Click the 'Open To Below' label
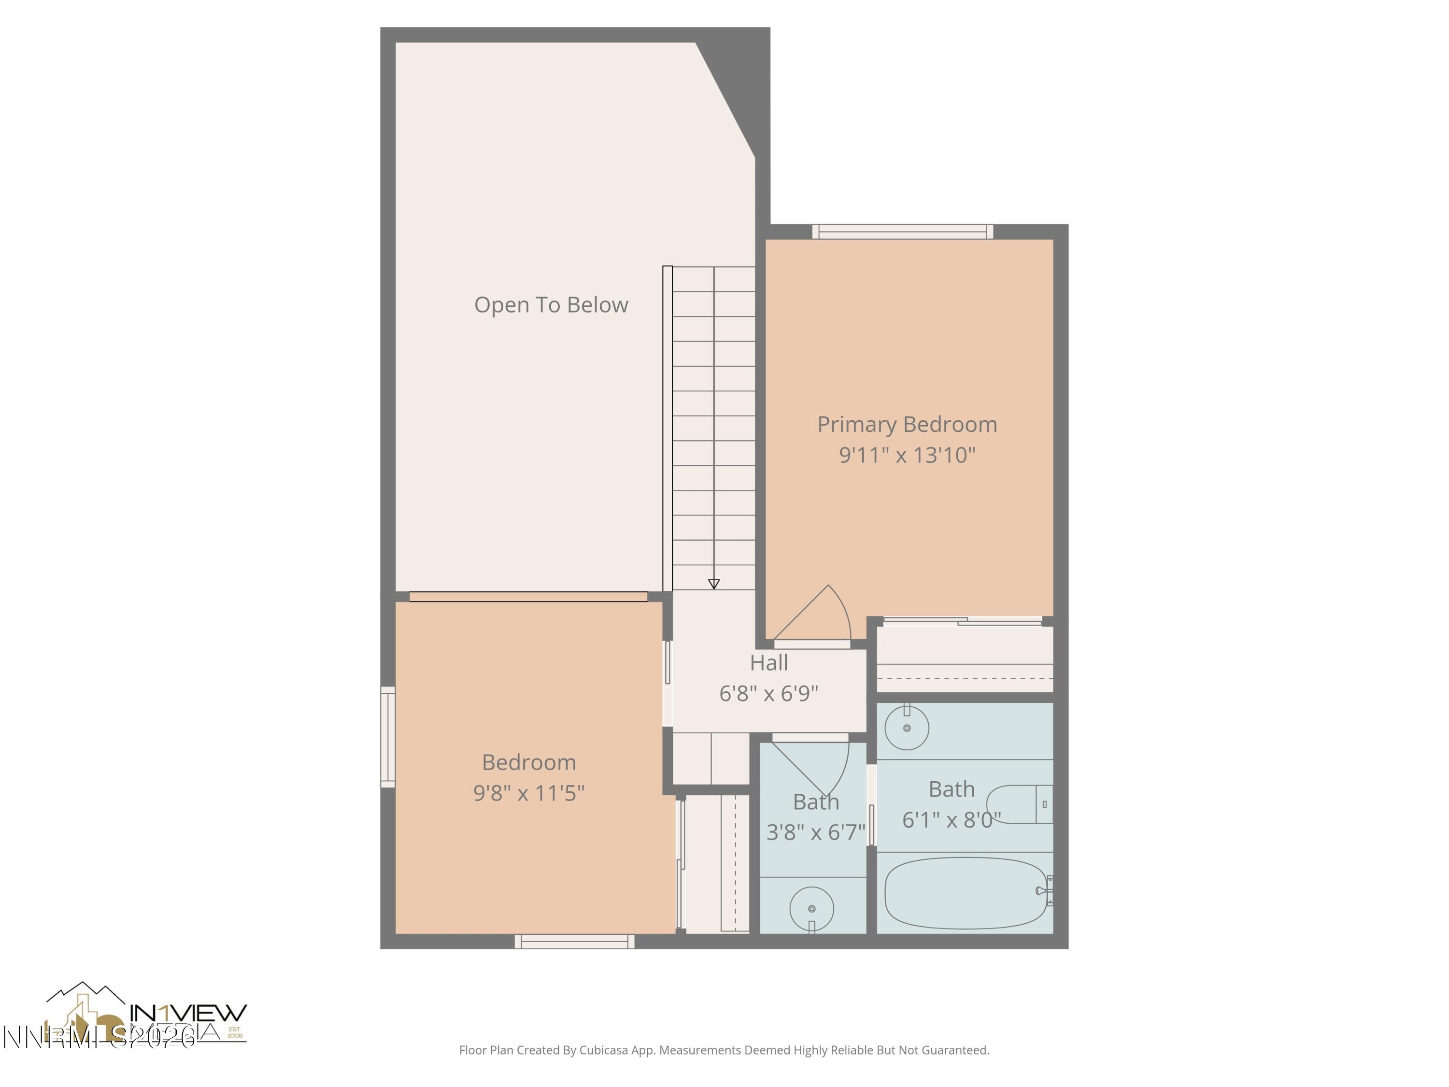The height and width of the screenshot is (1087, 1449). coord(551,305)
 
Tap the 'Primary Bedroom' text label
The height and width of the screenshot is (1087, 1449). coord(907,425)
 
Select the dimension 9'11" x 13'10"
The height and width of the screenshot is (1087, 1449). coord(907,455)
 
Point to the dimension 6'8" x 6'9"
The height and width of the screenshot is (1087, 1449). coord(768,693)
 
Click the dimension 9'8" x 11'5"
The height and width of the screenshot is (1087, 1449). coord(528,793)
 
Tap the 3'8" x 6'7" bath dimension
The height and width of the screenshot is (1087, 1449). coord(816,832)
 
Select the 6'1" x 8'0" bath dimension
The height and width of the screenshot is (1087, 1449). coord(951,820)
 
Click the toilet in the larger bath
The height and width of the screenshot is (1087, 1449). coord(1019,804)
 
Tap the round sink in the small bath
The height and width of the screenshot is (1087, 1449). coord(811,909)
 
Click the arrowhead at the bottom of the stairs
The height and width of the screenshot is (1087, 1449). coord(714,584)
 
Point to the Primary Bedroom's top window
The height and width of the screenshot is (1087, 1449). coord(903,231)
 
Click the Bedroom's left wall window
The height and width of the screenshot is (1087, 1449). coord(388,736)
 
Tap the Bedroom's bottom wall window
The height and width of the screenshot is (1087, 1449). coord(574,942)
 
